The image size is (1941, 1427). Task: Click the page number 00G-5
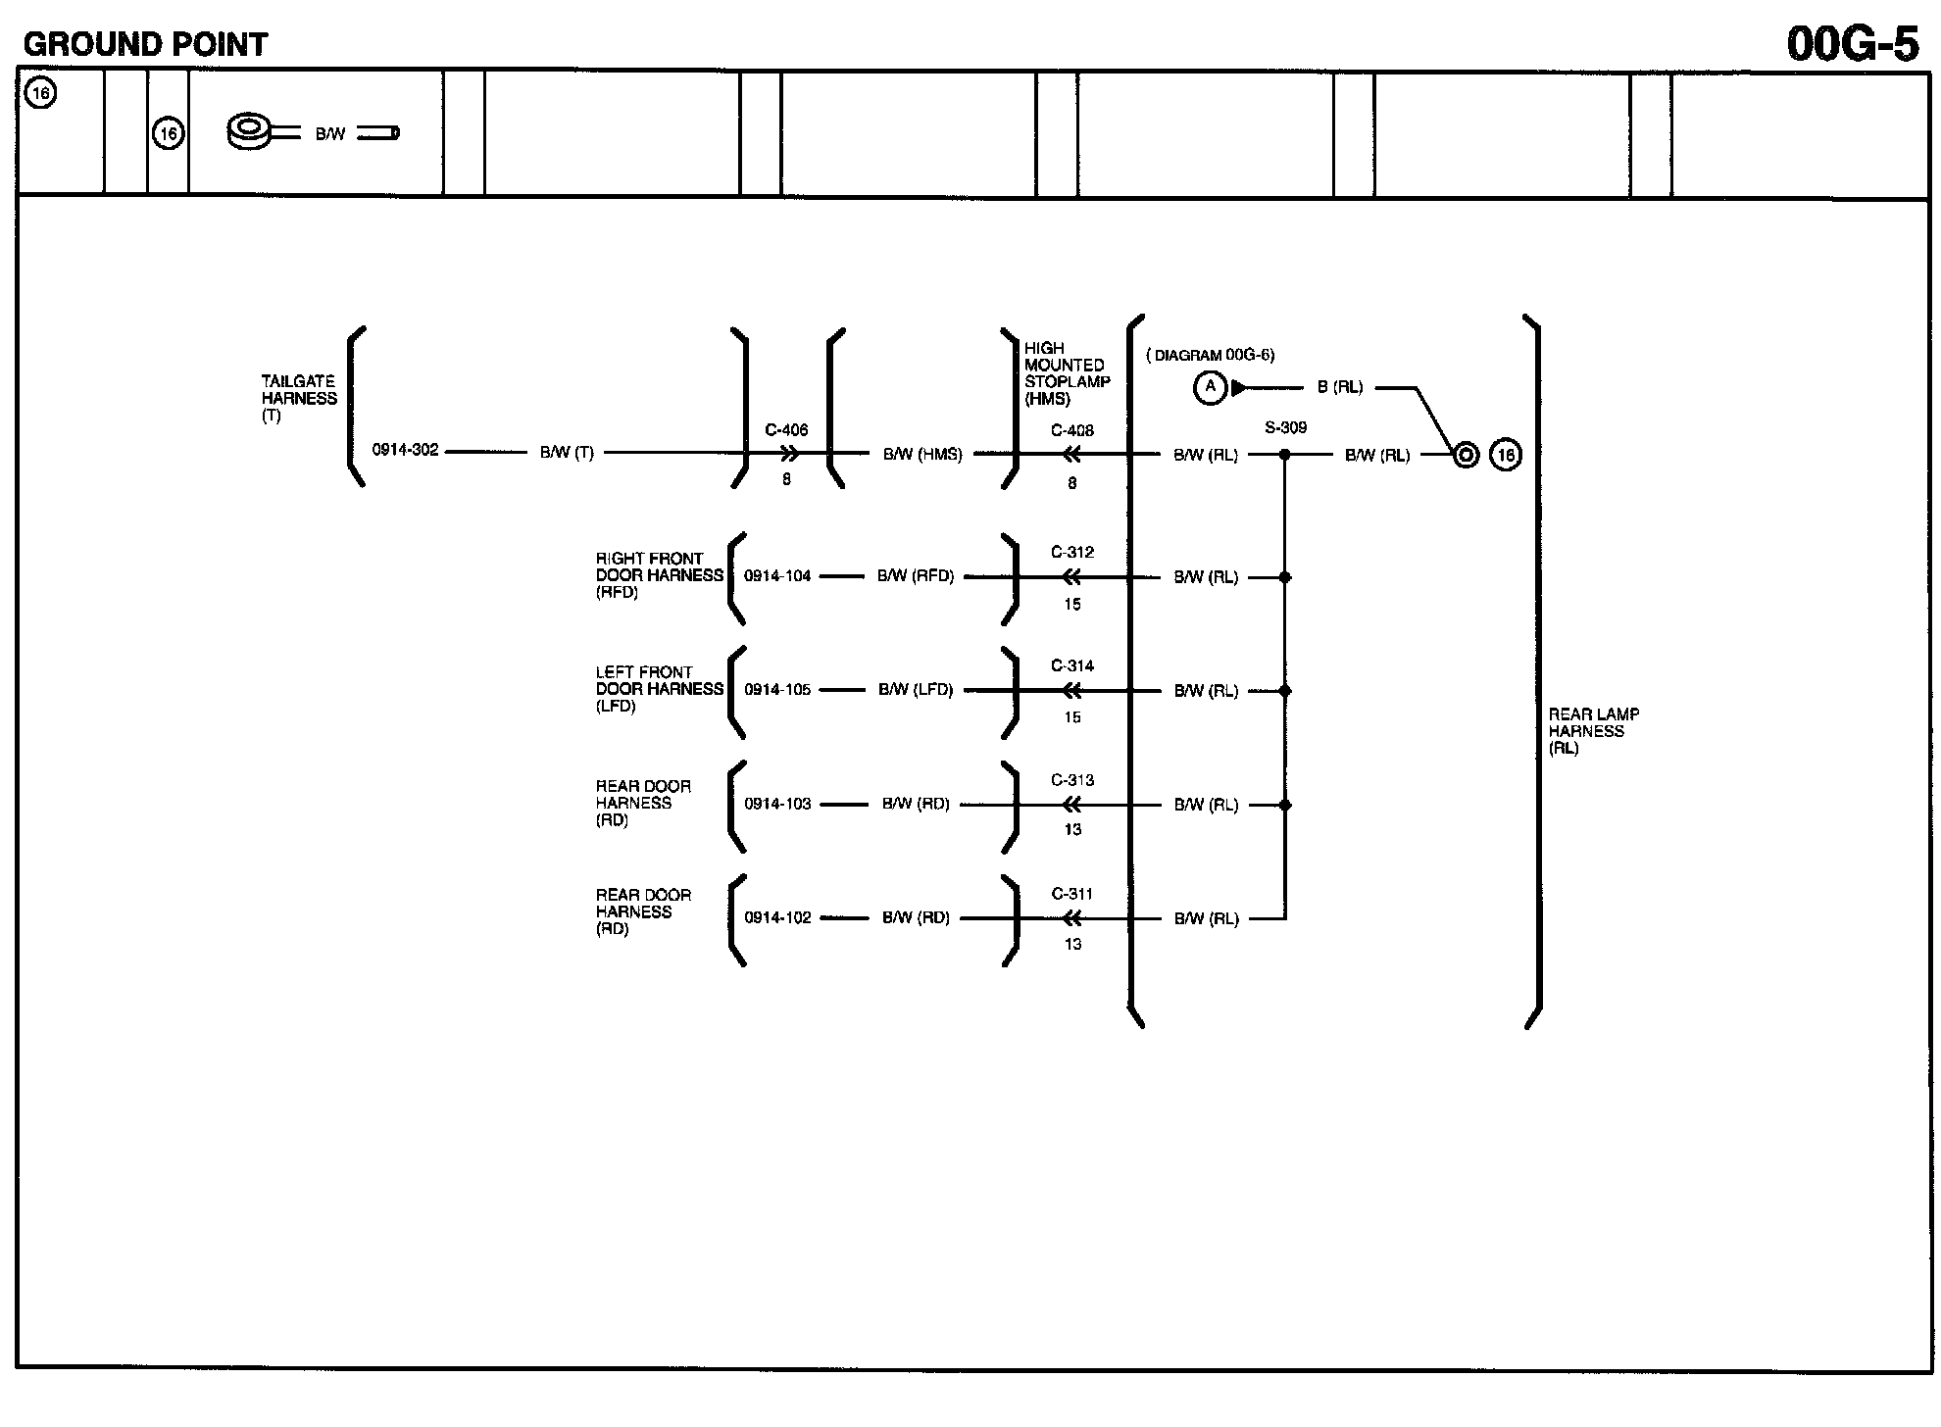click(x=1852, y=44)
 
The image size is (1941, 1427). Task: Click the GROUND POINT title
click(x=145, y=44)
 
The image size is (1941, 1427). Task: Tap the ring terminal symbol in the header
click(x=250, y=131)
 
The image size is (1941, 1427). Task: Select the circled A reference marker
click(x=1210, y=388)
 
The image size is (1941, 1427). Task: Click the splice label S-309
click(x=1285, y=427)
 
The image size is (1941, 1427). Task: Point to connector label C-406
click(x=786, y=430)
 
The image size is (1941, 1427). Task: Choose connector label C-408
click(x=1071, y=430)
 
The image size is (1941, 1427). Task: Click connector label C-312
click(x=1071, y=552)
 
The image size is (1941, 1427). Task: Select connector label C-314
click(x=1071, y=665)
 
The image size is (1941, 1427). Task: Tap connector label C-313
click(x=1071, y=780)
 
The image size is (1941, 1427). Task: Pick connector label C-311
click(x=1071, y=894)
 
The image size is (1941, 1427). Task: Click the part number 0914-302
click(x=405, y=451)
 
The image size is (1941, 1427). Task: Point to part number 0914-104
click(x=777, y=576)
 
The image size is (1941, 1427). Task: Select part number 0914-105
click(x=777, y=690)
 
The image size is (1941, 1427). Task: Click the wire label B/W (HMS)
click(x=922, y=455)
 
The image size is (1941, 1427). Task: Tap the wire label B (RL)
click(x=1340, y=387)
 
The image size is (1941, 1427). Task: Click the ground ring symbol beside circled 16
click(x=1466, y=455)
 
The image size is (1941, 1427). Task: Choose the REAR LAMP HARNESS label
click(x=1593, y=731)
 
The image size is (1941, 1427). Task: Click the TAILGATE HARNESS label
click(x=299, y=398)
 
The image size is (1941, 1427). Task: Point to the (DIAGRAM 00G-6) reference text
click(x=1211, y=356)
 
